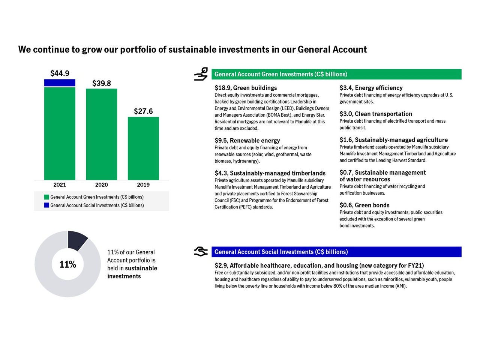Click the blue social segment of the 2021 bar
[60, 83]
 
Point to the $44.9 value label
[60, 73]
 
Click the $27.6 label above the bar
[143, 111]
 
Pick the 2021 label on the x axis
[60, 184]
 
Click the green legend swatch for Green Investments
[46, 197]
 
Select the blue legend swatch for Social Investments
[46, 205]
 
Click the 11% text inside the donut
[67, 264]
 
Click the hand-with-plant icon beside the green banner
[201, 74]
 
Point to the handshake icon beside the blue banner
[201, 252]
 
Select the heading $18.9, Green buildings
[246, 88]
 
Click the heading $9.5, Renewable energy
[247, 141]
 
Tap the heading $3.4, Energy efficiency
[371, 88]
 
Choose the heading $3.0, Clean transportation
[376, 114]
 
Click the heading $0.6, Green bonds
[364, 205]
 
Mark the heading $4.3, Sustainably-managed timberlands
[270, 173]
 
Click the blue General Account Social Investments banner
[336, 252]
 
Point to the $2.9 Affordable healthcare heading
[319, 265]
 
